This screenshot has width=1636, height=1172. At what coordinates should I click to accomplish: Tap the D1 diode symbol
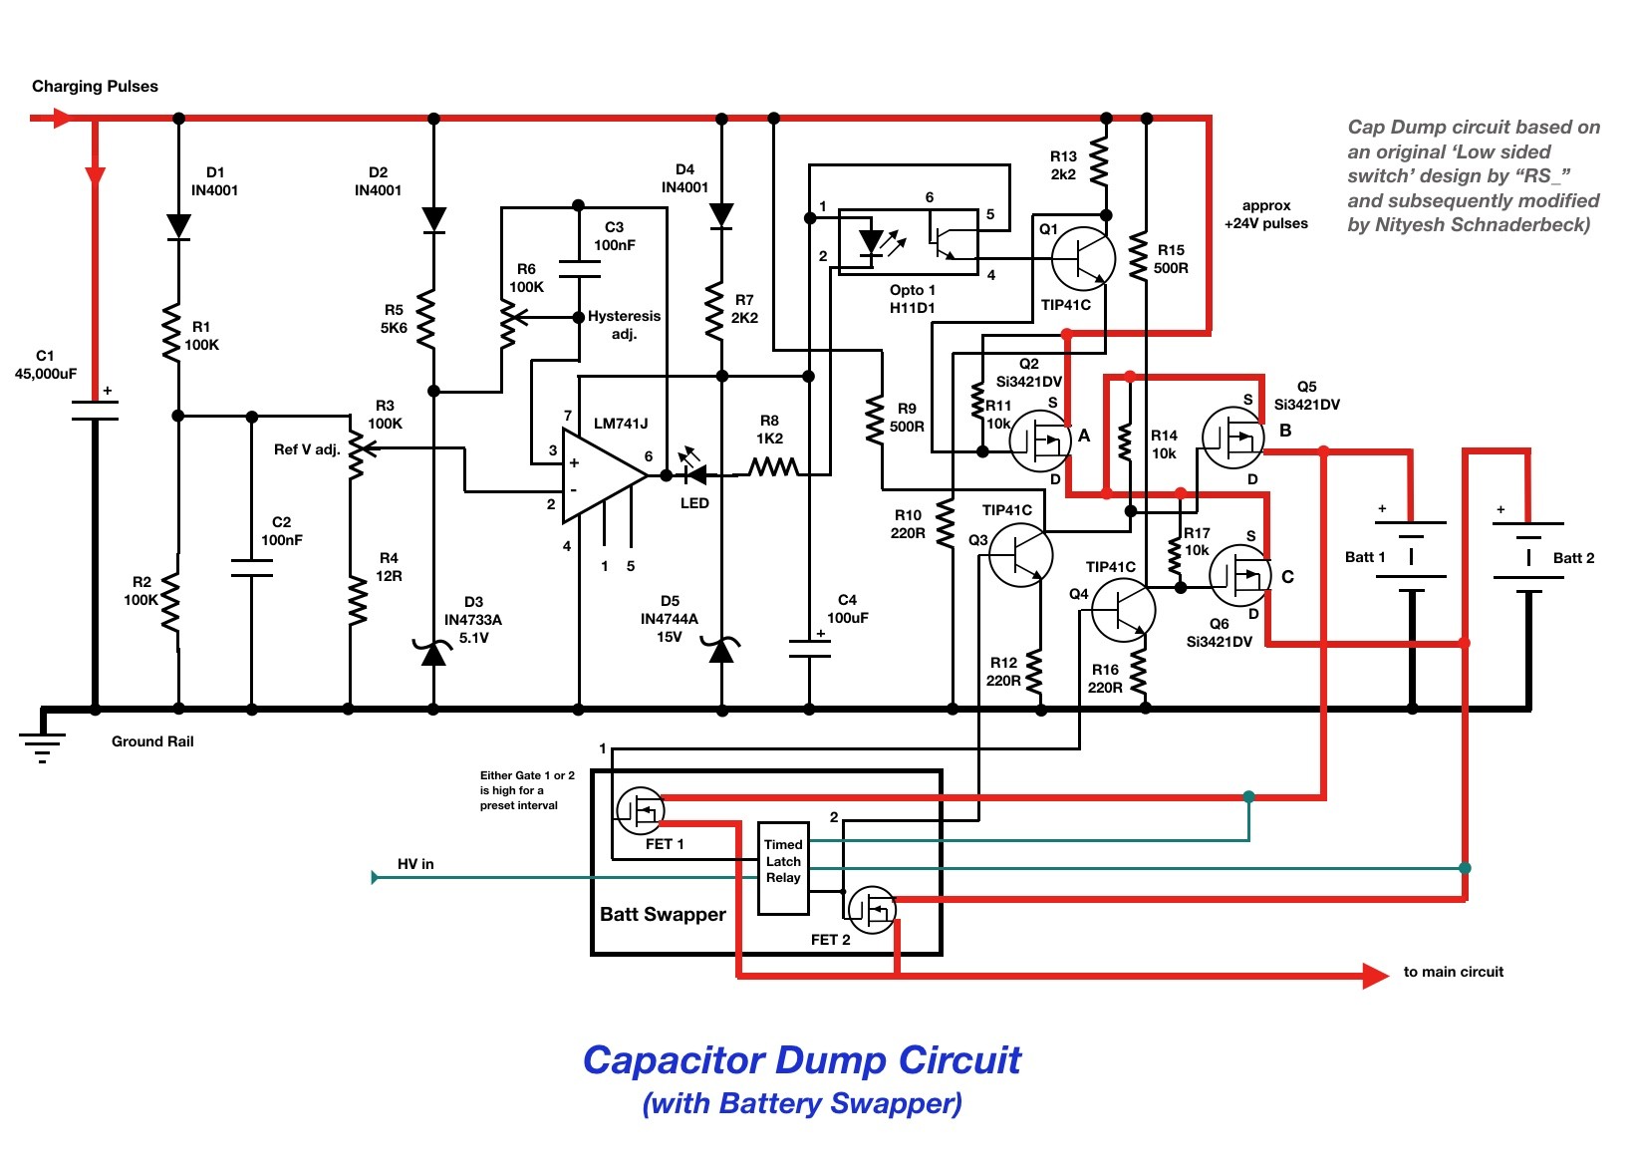coord(178,226)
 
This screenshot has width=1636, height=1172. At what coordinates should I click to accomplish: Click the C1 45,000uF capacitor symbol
coord(95,410)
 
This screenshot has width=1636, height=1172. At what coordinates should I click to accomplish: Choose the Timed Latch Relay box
coord(783,868)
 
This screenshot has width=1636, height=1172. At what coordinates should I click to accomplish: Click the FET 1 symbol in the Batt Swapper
coord(641,810)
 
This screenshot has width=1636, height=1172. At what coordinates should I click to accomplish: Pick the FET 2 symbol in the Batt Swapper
coord(872,910)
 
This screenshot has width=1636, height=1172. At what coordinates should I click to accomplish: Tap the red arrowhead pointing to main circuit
coord(1375,976)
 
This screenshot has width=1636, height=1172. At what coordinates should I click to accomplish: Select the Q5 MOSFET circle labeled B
coord(1232,438)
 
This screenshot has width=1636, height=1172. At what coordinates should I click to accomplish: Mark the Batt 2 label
coord(1573,558)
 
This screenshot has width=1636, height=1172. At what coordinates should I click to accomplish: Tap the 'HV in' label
coord(415,864)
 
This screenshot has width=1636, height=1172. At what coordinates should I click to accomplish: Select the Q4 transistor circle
coord(1123,610)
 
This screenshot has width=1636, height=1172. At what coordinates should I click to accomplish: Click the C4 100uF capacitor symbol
coord(809,649)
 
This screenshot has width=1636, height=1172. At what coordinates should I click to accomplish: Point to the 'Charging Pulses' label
coord(95,87)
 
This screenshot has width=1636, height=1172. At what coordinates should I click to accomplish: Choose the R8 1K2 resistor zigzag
coord(774,466)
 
